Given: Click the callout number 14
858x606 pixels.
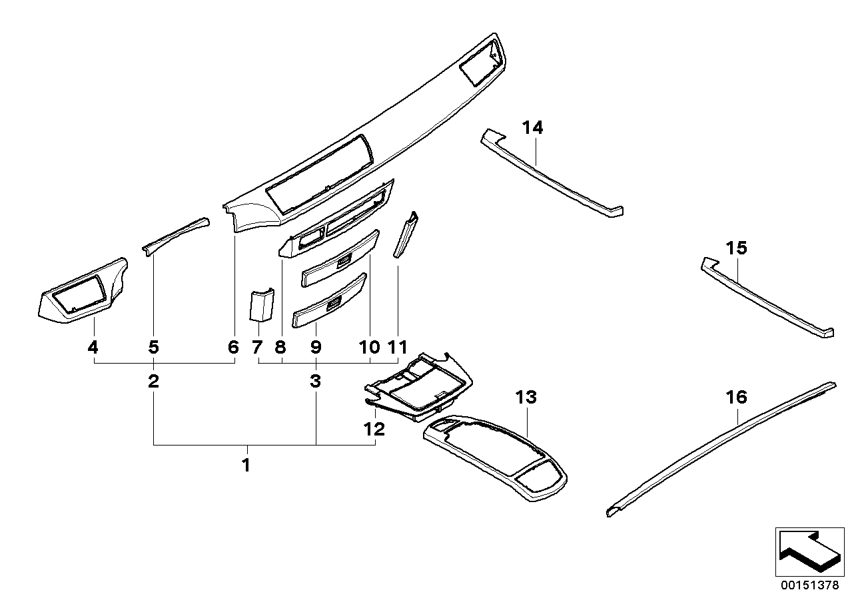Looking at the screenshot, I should coord(532,127).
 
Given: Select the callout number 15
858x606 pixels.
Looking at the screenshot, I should coord(736,248).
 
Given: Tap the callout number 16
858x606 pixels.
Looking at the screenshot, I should coord(736,398).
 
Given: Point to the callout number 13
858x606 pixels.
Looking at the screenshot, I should coord(526,398).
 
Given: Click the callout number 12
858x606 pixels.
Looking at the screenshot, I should coord(374,430).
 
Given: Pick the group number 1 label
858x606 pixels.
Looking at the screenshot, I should coord(246,465).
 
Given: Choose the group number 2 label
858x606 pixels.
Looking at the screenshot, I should coord(154,382).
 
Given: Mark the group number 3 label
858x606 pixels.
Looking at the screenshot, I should coord(315,382).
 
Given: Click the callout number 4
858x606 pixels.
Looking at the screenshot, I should coord(93,347).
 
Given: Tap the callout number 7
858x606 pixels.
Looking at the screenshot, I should coord(258,347).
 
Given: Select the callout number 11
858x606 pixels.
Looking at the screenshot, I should coord(398,347).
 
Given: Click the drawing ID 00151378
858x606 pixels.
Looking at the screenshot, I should coord(810,586).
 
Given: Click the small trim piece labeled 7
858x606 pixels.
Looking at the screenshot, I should coord(262,305).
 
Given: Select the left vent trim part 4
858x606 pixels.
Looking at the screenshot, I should coord(80,293).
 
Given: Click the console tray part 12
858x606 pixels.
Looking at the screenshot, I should coord(416,390).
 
